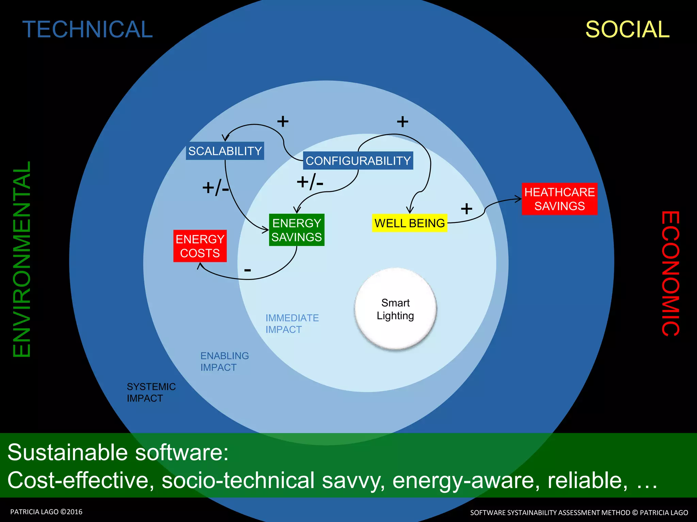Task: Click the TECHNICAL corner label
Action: [87, 29]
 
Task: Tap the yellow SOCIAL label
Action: [627, 29]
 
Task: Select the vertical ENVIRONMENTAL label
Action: [22, 259]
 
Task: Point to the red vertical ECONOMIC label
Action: [670, 274]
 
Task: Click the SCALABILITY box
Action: [225, 151]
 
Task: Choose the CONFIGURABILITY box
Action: [358, 161]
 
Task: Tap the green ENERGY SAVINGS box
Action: [296, 230]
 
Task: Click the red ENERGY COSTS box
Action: [200, 246]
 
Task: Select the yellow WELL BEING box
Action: [409, 223]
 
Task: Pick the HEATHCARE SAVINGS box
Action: [560, 199]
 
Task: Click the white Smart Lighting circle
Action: [395, 309]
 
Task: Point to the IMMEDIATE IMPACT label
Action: [292, 324]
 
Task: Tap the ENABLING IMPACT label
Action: [225, 362]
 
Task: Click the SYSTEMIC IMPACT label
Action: [151, 393]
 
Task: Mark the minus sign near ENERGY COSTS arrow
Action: [247, 271]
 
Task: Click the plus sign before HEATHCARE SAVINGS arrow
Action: [466, 209]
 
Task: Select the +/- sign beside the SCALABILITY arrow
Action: [215, 187]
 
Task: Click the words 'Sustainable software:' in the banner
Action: [118, 452]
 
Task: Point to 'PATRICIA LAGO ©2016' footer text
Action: [46, 512]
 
